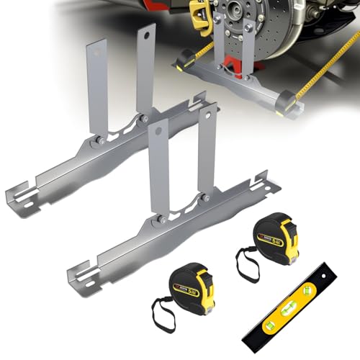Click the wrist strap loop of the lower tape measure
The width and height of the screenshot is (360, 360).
[159, 317]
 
